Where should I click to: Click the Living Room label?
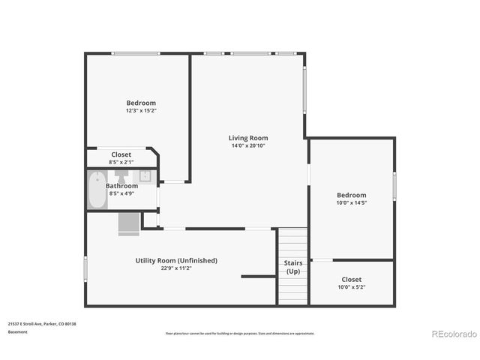(248, 138)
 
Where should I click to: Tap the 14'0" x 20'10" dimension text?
(248, 145)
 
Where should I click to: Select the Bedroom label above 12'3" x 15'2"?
(141, 103)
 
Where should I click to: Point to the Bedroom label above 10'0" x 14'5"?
(351, 195)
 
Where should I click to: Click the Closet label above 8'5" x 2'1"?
(121, 154)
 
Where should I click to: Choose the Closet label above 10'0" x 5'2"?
(351, 279)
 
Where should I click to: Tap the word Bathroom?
(121, 185)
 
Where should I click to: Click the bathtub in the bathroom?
(96, 190)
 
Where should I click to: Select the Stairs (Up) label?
(292, 267)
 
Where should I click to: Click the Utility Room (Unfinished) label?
(176, 260)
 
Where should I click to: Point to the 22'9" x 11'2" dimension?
(176, 268)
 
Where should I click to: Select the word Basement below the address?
(17, 331)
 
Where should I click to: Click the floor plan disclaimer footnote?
(240, 333)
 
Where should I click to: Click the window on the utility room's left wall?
(85, 268)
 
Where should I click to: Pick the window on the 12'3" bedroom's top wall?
(136, 53)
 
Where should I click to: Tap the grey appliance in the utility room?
(128, 223)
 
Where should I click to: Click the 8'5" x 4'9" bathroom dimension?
(121, 193)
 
